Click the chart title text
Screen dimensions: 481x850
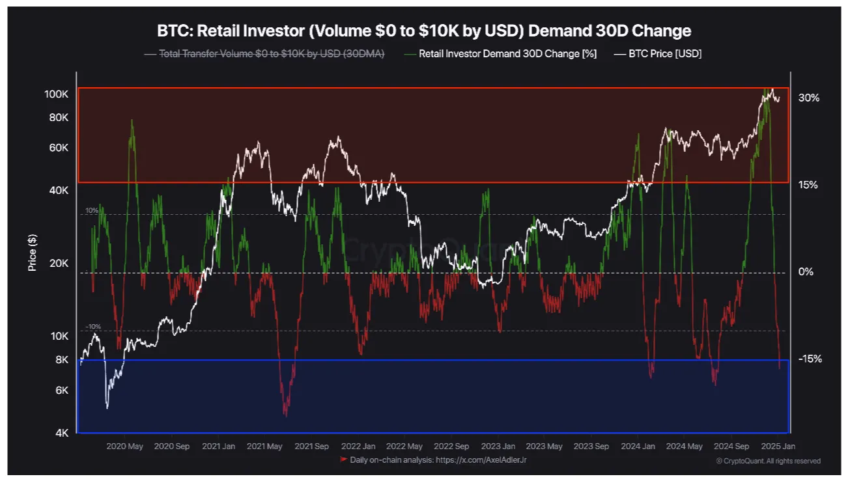pos(424,31)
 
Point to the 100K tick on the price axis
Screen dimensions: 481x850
pos(57,94)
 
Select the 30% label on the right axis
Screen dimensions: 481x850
pos(808,98)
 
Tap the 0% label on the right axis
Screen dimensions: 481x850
pos(806,271)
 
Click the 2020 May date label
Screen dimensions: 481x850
pos(124,447)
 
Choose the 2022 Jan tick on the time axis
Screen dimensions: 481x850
pos(358,447)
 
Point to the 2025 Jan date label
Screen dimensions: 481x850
pos(778,447)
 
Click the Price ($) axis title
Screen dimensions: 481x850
pos(32,253)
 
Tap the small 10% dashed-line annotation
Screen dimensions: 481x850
pos(91,211)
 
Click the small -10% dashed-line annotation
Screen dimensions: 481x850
pos(92,327)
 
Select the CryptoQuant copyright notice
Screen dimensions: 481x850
pos(769,461)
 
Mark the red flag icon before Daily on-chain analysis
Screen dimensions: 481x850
pos(344,460)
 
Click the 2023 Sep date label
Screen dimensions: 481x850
pos(591,447)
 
